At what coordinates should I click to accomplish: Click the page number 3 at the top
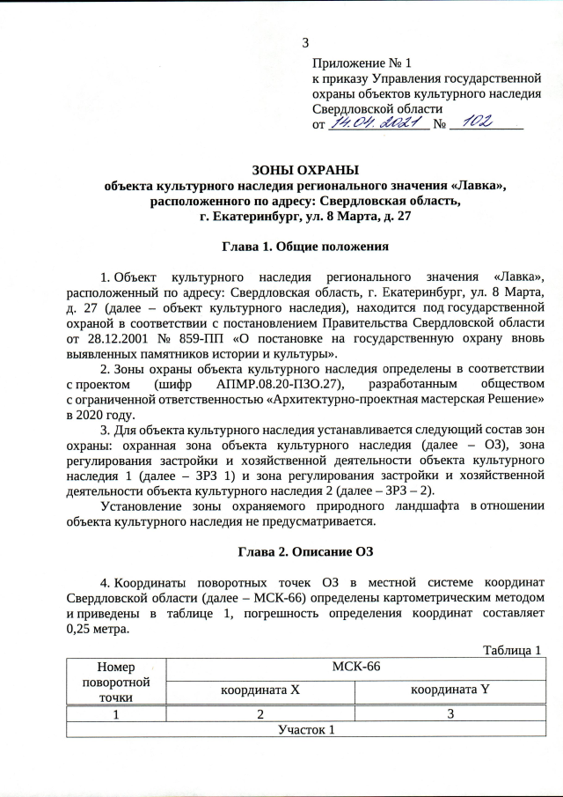tap(305, 43)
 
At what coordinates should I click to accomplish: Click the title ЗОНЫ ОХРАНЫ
tap(305, 170)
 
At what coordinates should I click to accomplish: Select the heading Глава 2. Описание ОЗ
tap(305, 552)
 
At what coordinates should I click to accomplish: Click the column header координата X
tap(260, 690)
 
